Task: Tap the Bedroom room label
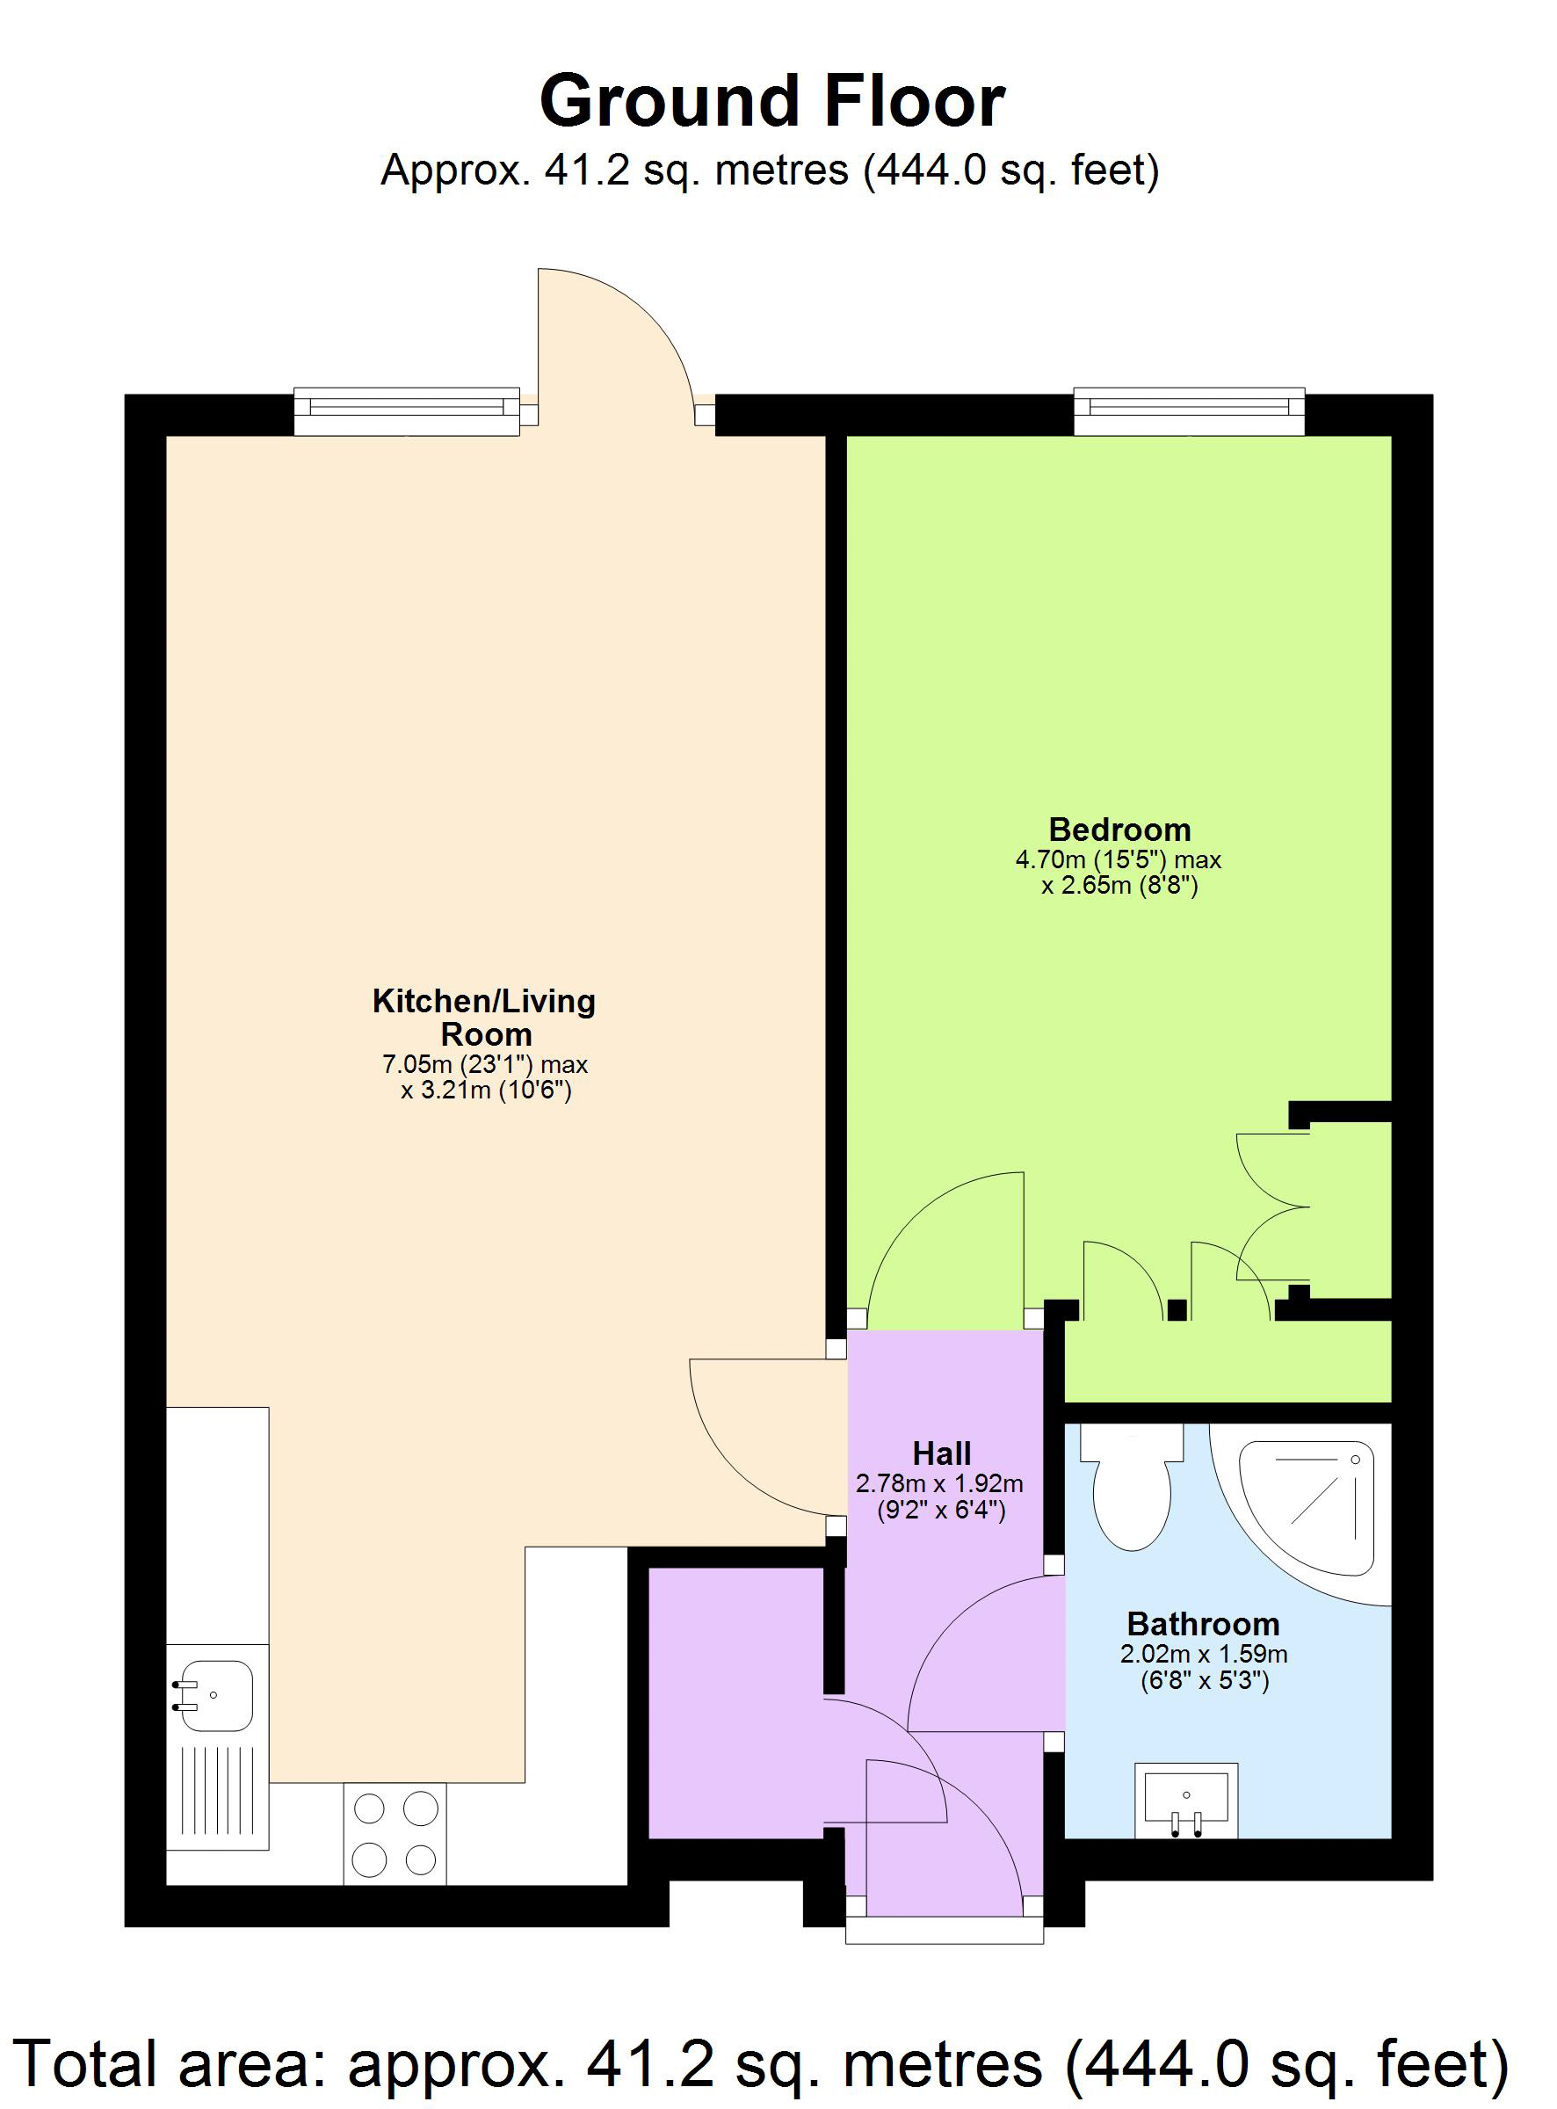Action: click(x=1119, y=830)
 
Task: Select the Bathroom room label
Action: click(x=1203, y=1624)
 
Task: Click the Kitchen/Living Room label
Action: click(x=484, y=1017)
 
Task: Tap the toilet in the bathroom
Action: click(x=1131, y=1489)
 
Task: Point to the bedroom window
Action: click(x=1190, y=411)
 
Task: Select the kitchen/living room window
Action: click(x=406, y=411)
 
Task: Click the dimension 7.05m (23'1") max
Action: click(x=484, y=1065)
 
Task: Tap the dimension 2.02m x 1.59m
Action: click(x=1203, y=1654)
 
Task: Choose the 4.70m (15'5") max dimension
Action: click(x=1118, y=859)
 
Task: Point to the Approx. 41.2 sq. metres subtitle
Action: click(x=769, y=170)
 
